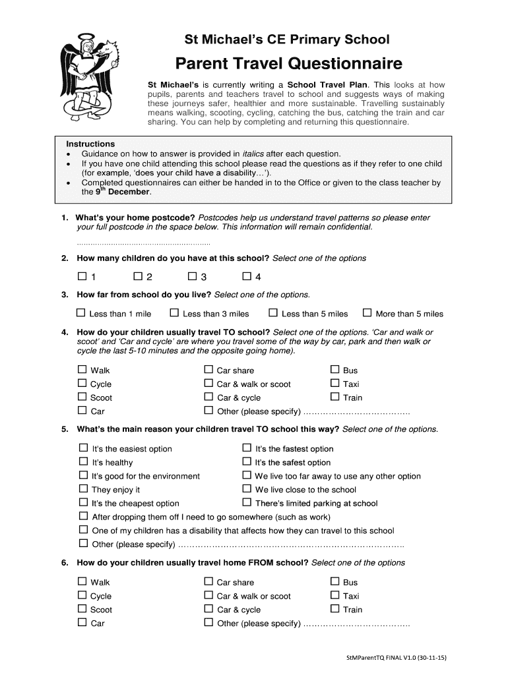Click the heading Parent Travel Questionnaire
[x=288, y=64]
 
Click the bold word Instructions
[x=90, y=144]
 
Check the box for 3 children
[x=193, y=276]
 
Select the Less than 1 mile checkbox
[x=81, y=313]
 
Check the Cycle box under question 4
[x=82, y=384]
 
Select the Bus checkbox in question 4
[x=334, y=370]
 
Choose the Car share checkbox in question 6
[x=208, y=582]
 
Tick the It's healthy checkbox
[x=83, y=462]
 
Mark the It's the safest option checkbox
[x=247, y=462]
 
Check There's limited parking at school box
[x=247, y=503]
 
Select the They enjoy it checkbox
[x=83, y=489]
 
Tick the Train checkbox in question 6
[x=334, y=609]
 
